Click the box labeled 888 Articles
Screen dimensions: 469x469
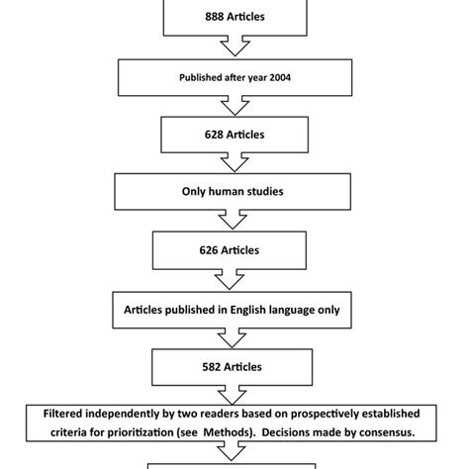234,17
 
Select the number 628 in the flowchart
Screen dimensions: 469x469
210,134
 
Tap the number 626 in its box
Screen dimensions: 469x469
209,250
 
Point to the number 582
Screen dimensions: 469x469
209,367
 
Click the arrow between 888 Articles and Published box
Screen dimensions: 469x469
234,47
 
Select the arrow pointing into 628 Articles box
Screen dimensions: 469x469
234,105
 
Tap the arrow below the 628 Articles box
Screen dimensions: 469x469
234,163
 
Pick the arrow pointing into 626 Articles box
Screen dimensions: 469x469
234,222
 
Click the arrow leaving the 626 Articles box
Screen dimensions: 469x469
234,280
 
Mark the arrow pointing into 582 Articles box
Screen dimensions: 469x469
234,338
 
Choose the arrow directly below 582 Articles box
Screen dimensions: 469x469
234,396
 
